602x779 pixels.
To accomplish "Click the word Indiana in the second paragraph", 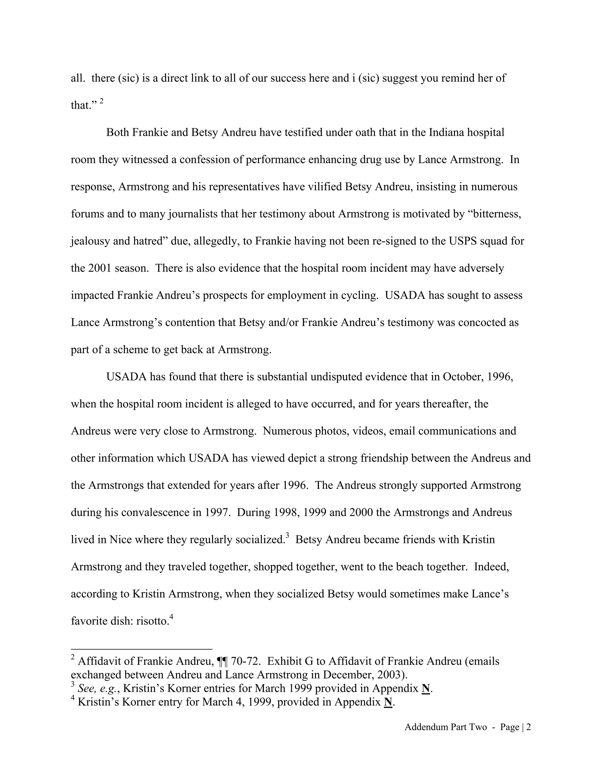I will tap(446, 132).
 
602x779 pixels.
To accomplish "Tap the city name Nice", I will tap(118, 539).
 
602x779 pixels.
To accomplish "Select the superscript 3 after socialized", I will tap(287, 535).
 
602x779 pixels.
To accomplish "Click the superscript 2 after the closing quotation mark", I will tap(102, 101).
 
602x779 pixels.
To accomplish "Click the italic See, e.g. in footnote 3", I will tap(98, 688).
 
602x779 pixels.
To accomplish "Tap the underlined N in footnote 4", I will tap(388, 702).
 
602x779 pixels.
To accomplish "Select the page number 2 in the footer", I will tap(529, 727).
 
